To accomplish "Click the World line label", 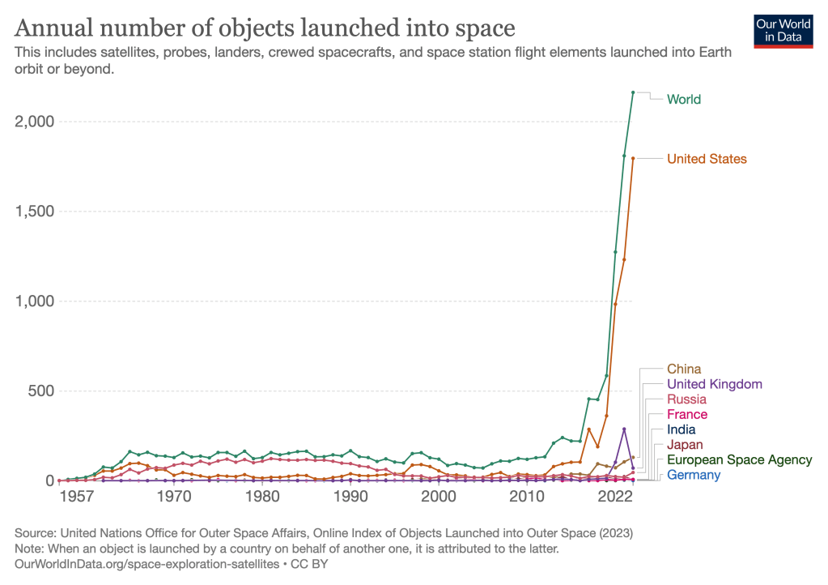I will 683,100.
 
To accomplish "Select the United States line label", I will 706,159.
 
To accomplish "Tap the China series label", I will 684,369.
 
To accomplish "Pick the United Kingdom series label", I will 714,384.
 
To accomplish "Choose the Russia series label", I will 686,399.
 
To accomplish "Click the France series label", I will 686,415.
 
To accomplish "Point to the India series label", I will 681,429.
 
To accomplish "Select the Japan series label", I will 685,445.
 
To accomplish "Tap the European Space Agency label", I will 739,459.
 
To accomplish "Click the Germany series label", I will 693,475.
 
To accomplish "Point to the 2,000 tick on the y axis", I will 34,122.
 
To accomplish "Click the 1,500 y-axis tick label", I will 34,211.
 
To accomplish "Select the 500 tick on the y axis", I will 40,391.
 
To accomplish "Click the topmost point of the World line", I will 633,92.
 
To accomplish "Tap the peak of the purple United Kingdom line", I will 624,429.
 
